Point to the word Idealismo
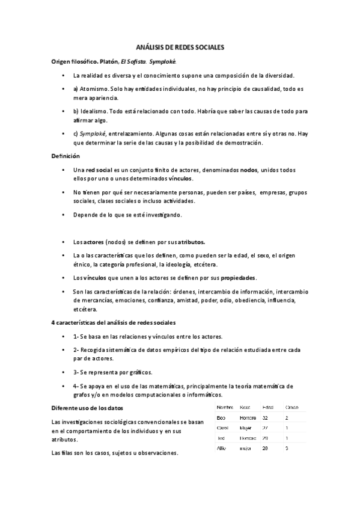[95, 111]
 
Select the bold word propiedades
[239, 278]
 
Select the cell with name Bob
[221, 417]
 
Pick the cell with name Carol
[222, 428]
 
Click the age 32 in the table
[265, 417]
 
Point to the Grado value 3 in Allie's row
[287, 448]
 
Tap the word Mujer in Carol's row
[247, 428]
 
